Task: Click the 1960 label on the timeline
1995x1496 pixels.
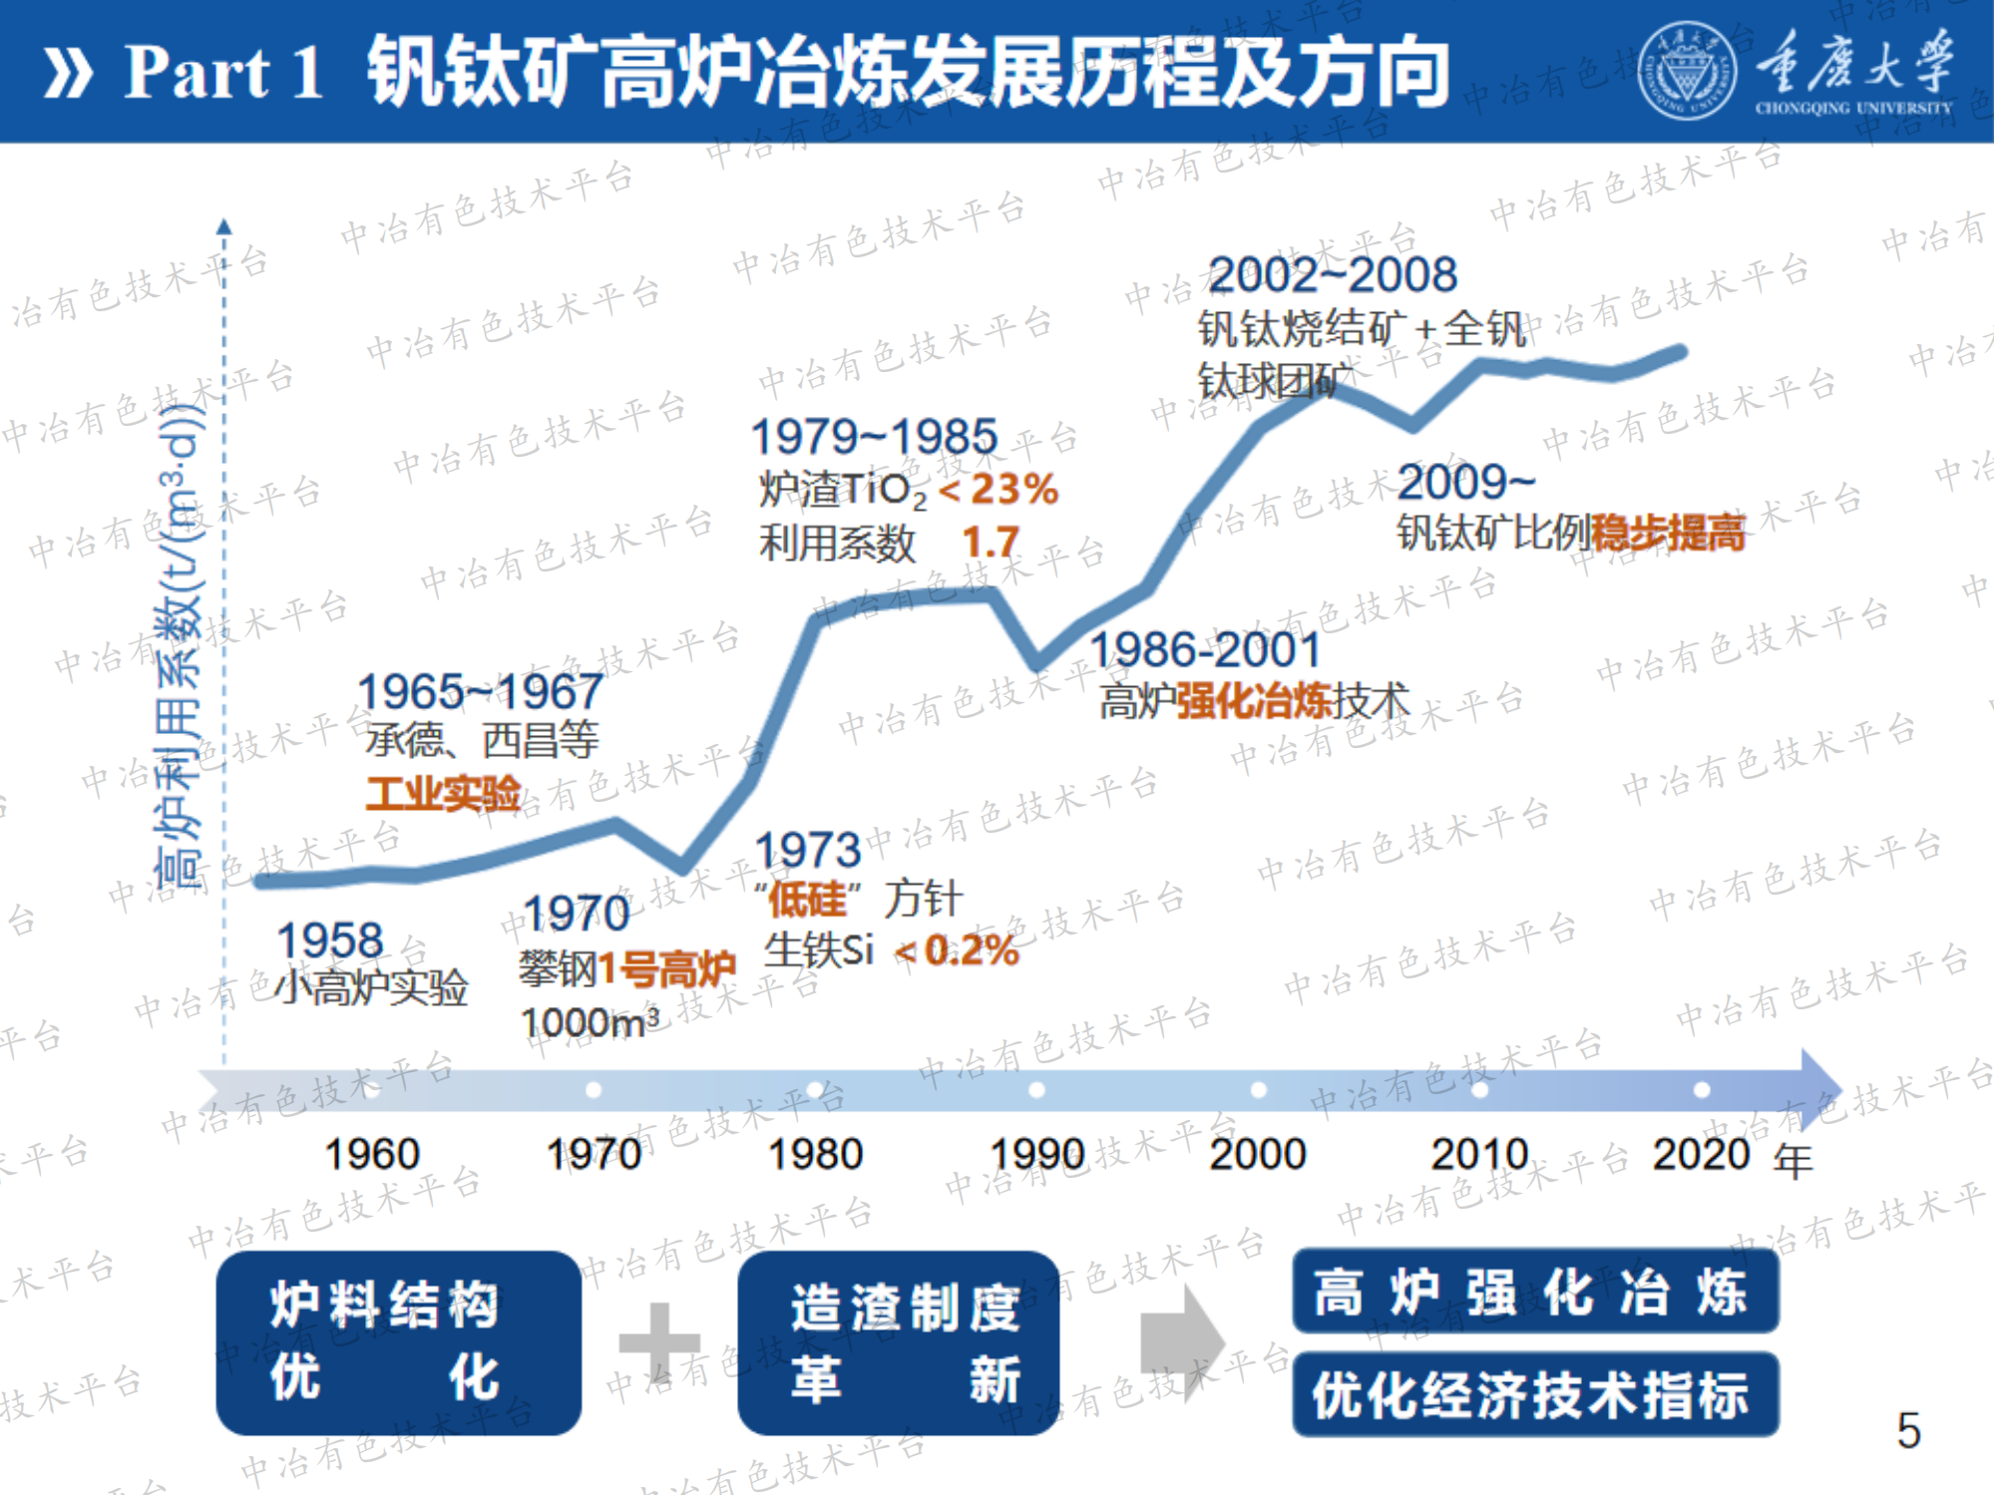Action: [372, 1154]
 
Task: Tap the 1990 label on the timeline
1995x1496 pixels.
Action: [1037, 1154]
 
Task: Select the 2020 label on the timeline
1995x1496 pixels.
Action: [1701, 1154]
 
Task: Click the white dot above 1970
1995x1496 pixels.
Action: [594, 1089]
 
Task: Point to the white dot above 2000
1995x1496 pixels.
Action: [1259, 1089]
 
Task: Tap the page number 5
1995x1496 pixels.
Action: [1908, 1430]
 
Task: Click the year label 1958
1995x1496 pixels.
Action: [330, 940]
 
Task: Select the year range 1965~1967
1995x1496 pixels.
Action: [480, 691]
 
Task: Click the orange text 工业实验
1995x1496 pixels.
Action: [444, 794]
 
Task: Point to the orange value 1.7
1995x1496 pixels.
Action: [991, 543]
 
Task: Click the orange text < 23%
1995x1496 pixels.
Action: [998, 489]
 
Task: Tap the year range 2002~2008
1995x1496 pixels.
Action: [1333, 274]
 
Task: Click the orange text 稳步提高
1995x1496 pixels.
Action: [1668, 533]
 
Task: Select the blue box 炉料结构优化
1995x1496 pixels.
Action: [398, 1342]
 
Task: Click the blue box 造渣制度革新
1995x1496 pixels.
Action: [898, 1342]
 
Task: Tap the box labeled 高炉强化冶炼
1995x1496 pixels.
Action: [1534, 1293]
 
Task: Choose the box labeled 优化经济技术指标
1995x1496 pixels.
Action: [1534, 1394]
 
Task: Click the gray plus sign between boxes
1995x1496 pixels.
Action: [659, 1341]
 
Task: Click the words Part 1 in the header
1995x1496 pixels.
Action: [223, 72]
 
